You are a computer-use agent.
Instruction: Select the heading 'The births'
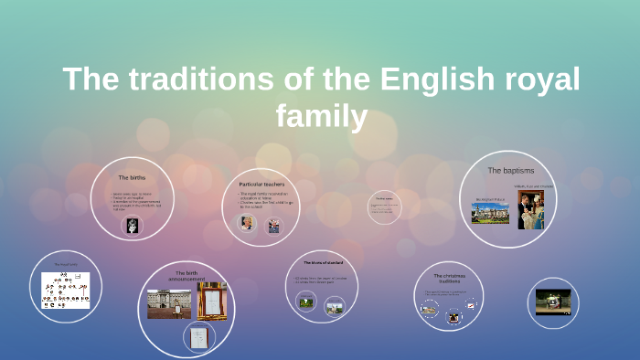(x=132, y=176)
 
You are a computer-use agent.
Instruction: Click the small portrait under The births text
(x=133, y=226)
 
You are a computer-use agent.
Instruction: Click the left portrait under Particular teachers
(x=247, y=223)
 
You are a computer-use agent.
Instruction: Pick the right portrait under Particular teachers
(x=272, y=226)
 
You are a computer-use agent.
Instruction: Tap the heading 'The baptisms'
(x=510, y=170)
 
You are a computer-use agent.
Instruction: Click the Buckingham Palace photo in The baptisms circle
(x=490, y=213)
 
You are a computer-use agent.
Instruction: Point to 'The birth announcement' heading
(x=187, y=276)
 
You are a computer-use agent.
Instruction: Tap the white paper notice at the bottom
(x=197, y=336)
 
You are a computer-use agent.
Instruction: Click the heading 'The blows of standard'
(x=321, y=262)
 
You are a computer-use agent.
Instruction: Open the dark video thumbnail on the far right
(x=553, y=302)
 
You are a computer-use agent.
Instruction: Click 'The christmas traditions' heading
(x=449, y=279)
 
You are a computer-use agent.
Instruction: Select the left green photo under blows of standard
(x=307, y=306)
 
